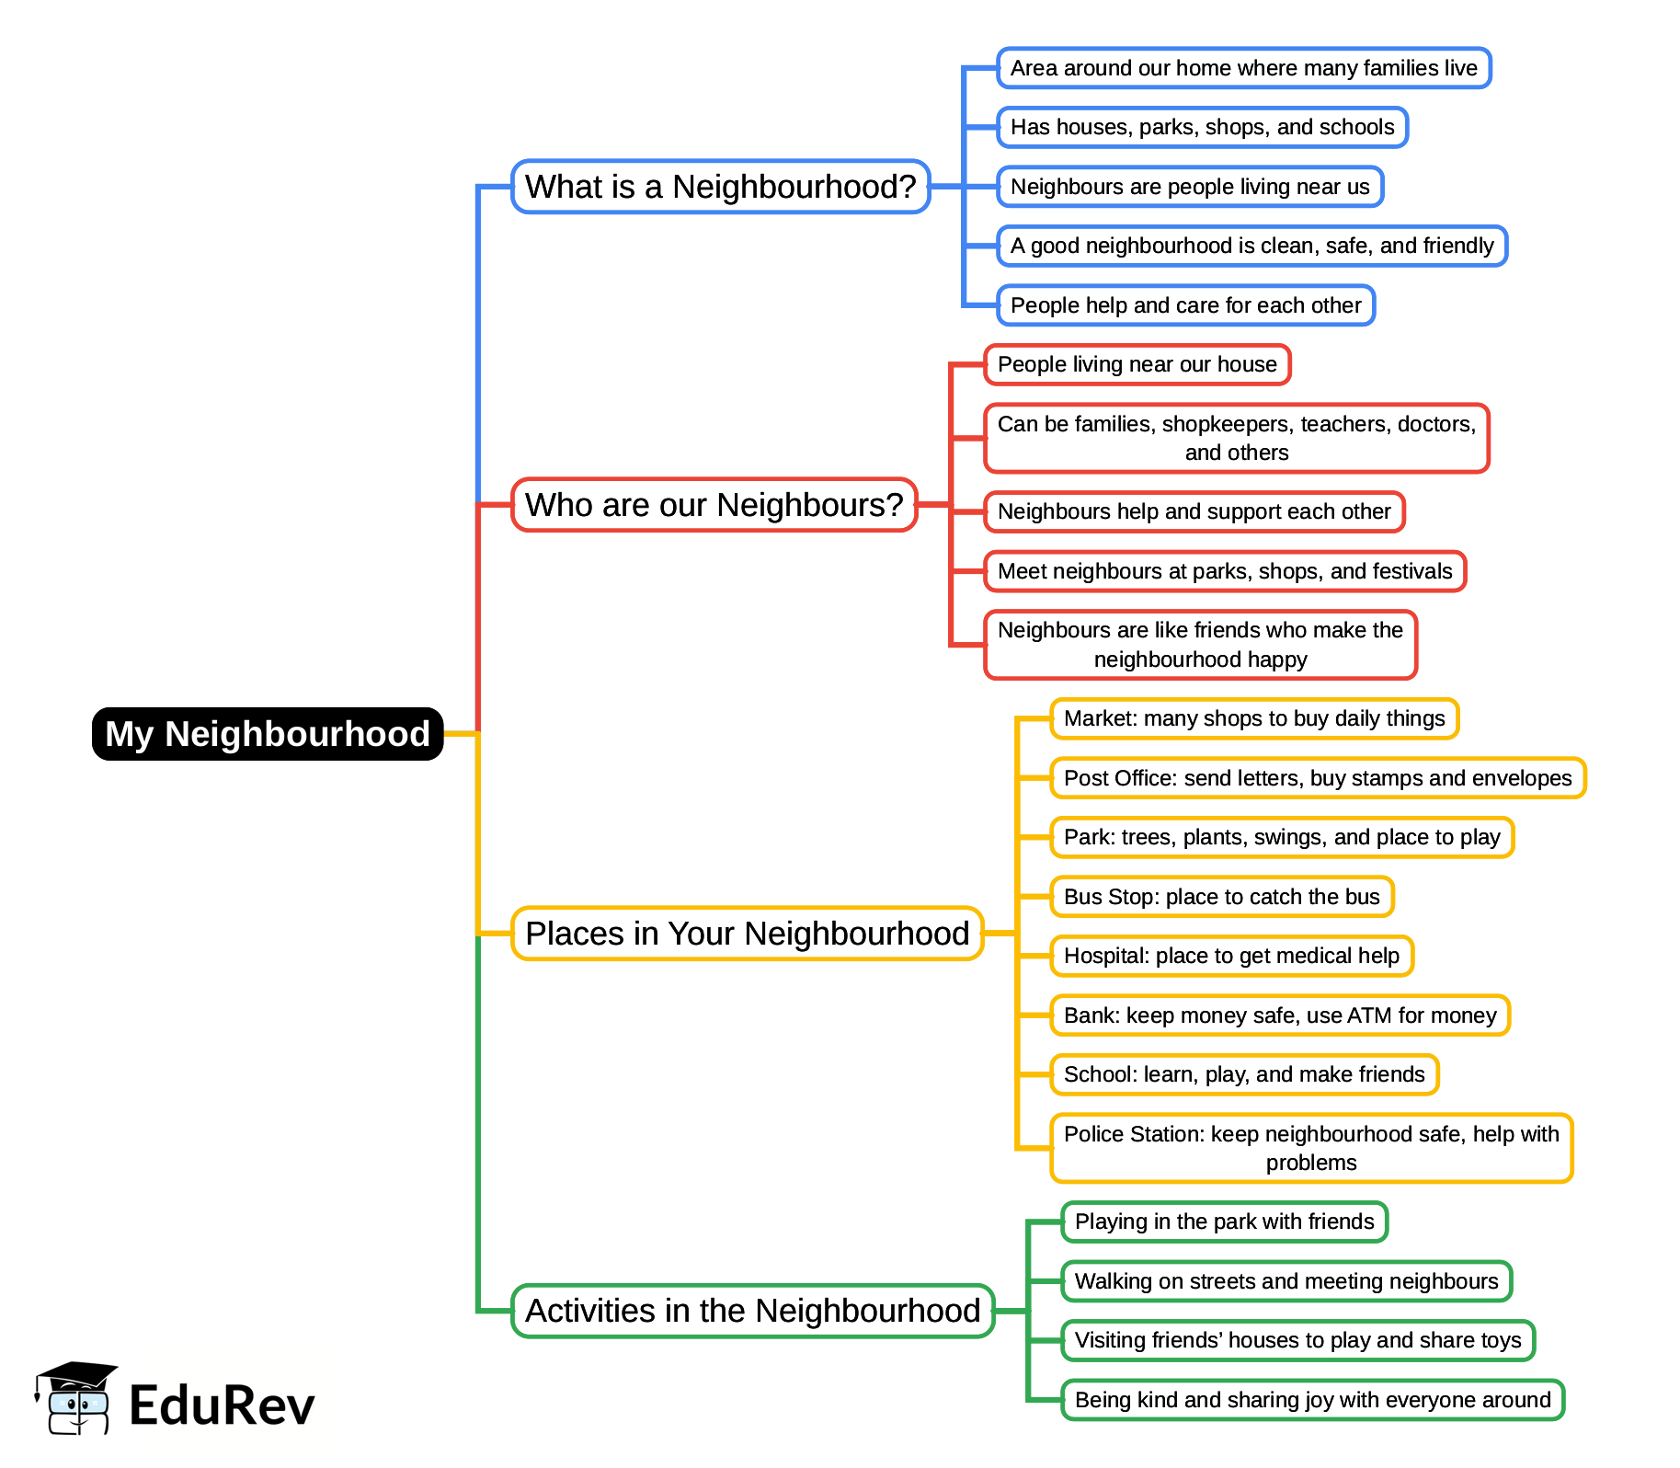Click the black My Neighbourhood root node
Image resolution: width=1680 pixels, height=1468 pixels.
tap(268, 734)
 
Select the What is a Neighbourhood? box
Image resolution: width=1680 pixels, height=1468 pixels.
tap(720, 187)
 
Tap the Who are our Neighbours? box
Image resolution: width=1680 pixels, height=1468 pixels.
tap(714, 505)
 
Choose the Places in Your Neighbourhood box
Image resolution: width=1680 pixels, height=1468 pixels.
tap(747, 934)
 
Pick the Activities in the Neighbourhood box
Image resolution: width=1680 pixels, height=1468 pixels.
tap(752, 1311)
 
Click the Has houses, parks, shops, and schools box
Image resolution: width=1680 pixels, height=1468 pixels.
tap(1202, 127)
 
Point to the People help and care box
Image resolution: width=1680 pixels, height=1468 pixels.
tap(1185, 305)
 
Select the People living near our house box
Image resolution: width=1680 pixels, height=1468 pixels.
tap(1137, 364)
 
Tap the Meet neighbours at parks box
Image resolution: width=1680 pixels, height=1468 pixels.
tap(1224, 571)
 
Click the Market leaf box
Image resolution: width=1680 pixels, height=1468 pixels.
tap(1253, 718)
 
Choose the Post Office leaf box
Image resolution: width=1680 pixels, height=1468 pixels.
tap(1317, 778)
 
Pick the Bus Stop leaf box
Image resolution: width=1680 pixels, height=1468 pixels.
tap(1221, 897)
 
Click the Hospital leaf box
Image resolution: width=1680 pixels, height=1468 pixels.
tap(1231, 956)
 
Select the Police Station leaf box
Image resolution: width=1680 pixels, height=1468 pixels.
tap(1310, 1148)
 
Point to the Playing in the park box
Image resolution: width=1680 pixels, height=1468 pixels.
tap(1224, 1221)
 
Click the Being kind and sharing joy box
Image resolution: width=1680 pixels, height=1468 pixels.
tap(1312, 1400)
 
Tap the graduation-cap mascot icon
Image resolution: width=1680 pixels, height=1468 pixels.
tap(76, 1398)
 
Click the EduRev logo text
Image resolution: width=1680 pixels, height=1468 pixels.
tap(222, 1405)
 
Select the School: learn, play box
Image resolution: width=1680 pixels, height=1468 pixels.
tap(1243, 1074)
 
